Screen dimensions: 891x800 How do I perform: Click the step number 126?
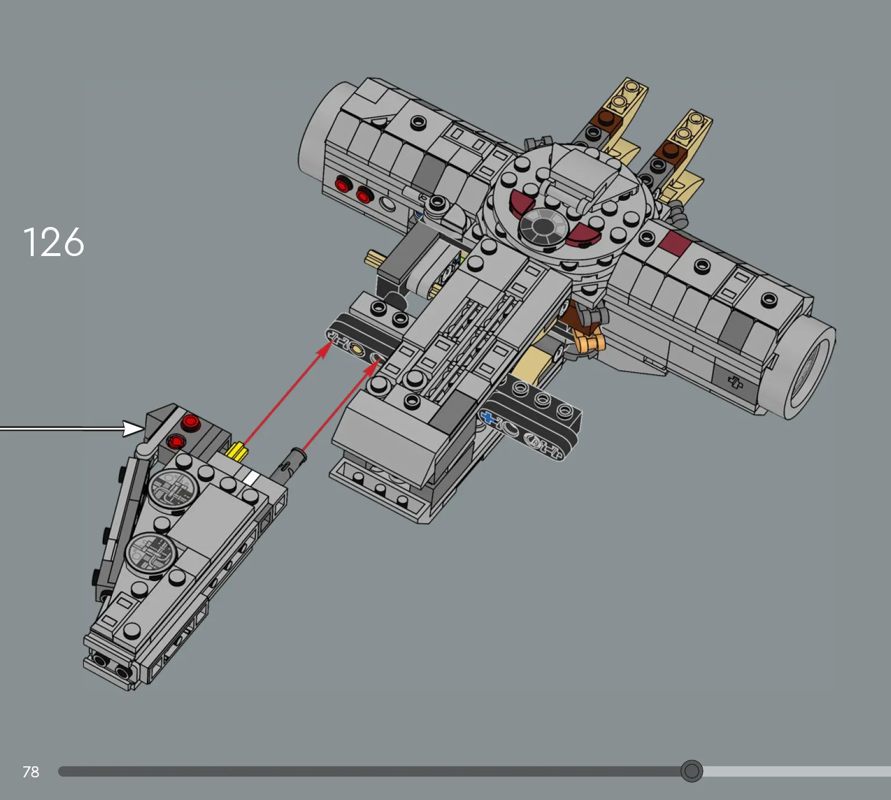(53, 242)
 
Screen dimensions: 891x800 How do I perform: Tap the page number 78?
(31, 772)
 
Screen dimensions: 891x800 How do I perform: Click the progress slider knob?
(691, 771)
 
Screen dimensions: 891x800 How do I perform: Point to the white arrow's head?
(134, 428)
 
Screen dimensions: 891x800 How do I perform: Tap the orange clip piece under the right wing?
(589, 341)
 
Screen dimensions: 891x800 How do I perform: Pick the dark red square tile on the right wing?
(676, 243)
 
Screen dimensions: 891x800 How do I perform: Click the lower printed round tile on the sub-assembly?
(150, 552)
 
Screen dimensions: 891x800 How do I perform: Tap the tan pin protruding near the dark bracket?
(373, 258)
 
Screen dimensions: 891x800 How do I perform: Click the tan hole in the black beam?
(356, 349)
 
